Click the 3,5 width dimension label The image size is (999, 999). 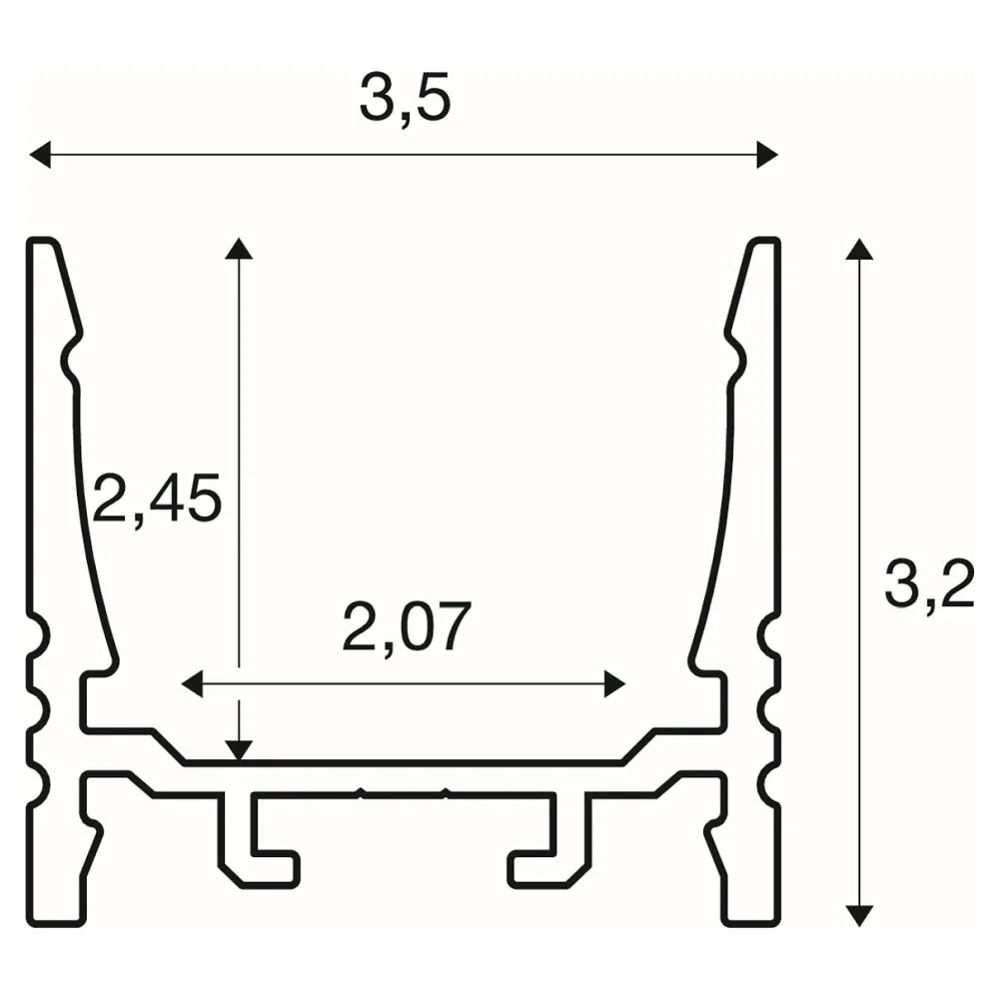click(406, 97)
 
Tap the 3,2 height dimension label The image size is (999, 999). click(929, 583)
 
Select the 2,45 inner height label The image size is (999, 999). click(158, 498)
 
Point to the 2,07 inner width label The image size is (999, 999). click(407, 625)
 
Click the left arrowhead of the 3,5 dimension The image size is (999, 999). click(40, 155)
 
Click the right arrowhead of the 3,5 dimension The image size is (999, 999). click(767, 155)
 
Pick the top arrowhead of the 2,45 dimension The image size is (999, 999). click(239, 249)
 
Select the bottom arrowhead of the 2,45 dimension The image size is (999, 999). click(239, 751)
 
